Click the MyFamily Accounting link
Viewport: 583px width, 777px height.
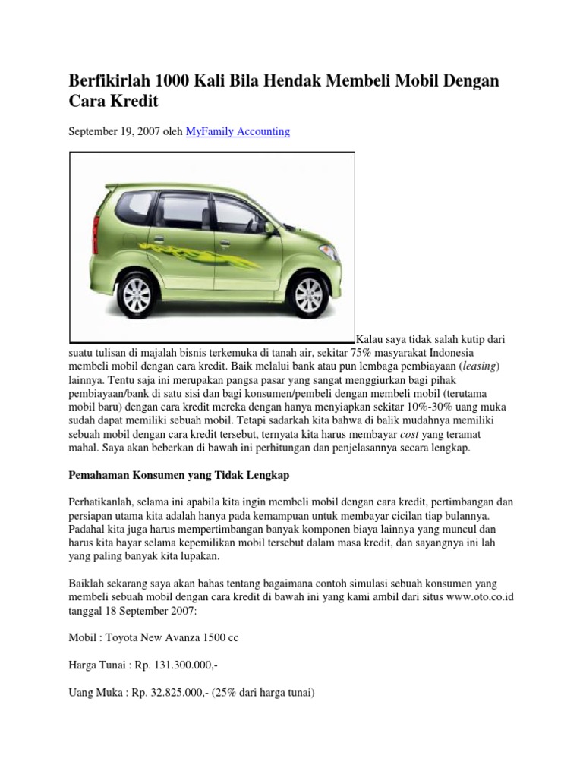coord(238,131)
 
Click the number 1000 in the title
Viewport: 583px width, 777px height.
coord(175,80)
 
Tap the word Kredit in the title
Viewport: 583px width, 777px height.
coord(134,101)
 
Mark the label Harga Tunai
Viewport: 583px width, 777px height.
coord(96,665)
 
